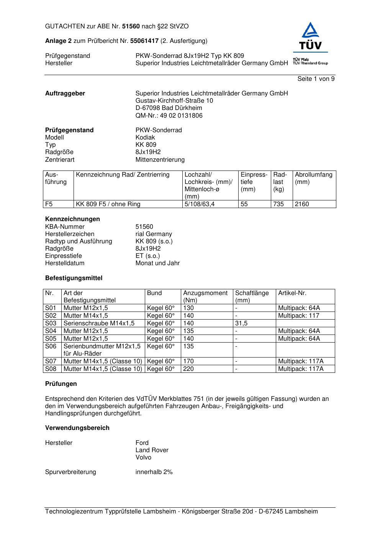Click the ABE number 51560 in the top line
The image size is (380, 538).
[x=131, y=26]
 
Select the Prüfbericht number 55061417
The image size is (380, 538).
[x=144, y=41]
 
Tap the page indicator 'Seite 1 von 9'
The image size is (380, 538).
[x=316, y=79]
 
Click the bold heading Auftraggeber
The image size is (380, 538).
[x=65, y=93]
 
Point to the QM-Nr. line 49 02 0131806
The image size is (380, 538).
[x=169, y=116]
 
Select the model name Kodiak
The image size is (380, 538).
[x=145, y=138]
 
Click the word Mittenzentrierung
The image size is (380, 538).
[x=160, y=160]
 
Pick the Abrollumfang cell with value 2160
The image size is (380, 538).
[x=302, y=204]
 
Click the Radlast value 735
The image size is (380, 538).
[x=278, y=204]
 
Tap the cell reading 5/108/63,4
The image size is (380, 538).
[x=200, y=204]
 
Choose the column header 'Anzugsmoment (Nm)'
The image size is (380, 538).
[x=205, y=297]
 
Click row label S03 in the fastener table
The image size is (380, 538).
[x=51, y=323]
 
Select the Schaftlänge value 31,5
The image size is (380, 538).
[x=241, y=323]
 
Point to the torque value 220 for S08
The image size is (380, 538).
[x=188, y=369]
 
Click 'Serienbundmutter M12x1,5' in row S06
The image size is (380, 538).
[x=102, y=346]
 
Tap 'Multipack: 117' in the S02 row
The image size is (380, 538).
[x=298, y=316]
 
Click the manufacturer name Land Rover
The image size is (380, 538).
[x=152, y=450]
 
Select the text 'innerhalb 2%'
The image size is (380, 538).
[x=154, y=472]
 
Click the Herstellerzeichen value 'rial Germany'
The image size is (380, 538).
[x=154, y=234]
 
